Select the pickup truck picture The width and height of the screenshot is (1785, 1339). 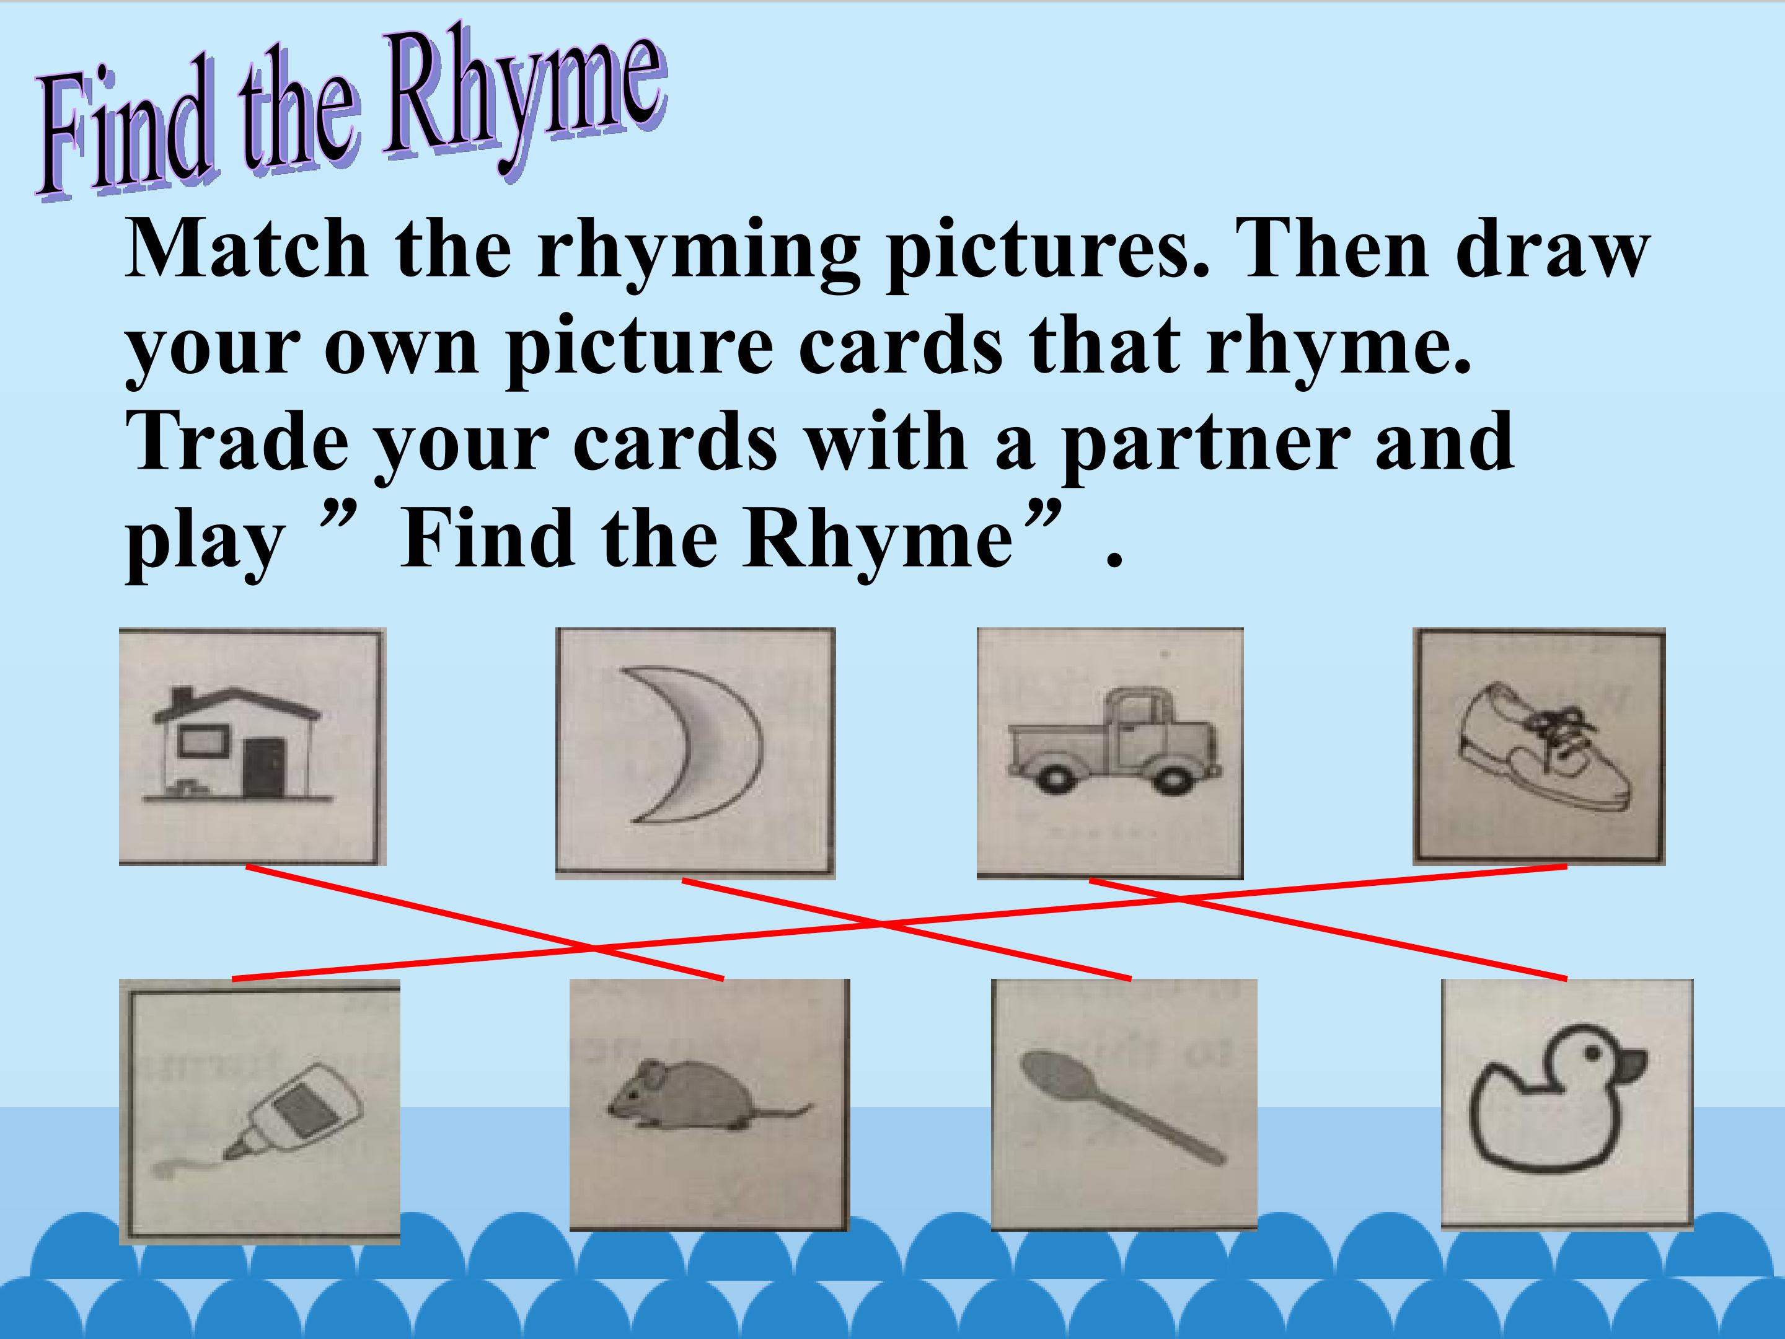(1114, 743)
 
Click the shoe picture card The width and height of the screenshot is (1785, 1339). (1538, 746)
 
